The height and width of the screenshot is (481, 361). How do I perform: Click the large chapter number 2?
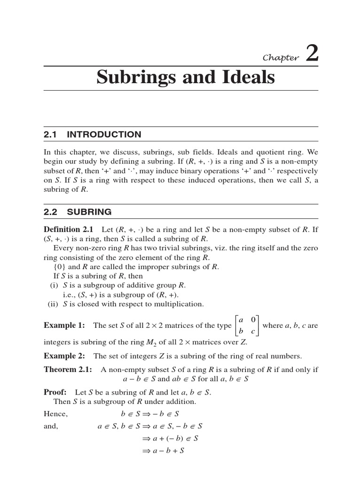[x=312, y=53]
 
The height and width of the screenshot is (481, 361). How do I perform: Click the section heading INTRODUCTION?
[x=104, y=134]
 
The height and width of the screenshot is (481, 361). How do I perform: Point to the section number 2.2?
[x=50, y=212]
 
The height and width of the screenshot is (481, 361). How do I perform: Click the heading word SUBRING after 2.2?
[x=89, y=212]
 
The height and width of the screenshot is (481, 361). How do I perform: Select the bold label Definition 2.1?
[x=69, y=230]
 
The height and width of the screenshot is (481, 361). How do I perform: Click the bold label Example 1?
[x=64, y=326]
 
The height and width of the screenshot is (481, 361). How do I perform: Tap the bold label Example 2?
[x=64, y=356]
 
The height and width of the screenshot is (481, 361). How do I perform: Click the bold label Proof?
[x=55, y=392]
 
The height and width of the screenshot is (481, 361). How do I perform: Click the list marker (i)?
[x=55, y=286]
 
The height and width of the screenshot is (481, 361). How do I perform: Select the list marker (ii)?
[x=54, y=304]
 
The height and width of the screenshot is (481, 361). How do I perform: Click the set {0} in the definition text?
[x=61, y=267]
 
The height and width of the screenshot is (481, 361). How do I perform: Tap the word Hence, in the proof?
[x=56, y=414]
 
